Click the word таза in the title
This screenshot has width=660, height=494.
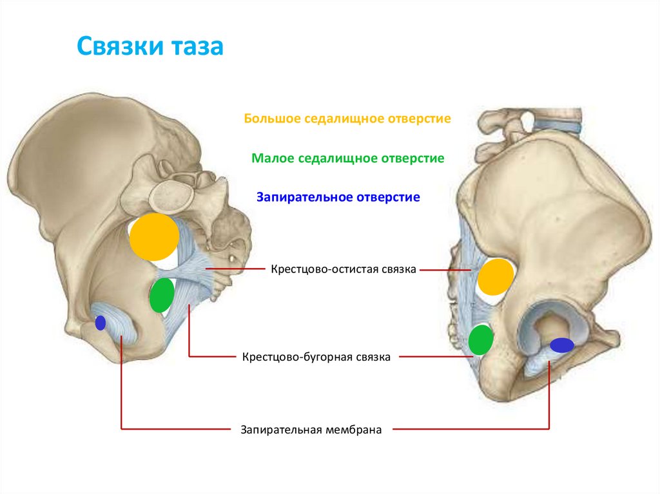197,47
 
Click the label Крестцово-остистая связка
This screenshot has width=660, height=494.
344,269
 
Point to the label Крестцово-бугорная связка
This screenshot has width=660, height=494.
316,356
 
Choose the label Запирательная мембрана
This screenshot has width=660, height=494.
312,429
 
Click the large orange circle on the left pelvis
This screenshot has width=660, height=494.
153,236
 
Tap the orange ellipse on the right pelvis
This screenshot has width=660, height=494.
495,277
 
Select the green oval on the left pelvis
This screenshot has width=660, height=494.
161,295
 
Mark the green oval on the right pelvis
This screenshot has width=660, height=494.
480,340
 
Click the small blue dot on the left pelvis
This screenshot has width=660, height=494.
100,323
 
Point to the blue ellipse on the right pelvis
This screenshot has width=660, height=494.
561,345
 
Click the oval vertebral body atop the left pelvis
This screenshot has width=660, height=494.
172,191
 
